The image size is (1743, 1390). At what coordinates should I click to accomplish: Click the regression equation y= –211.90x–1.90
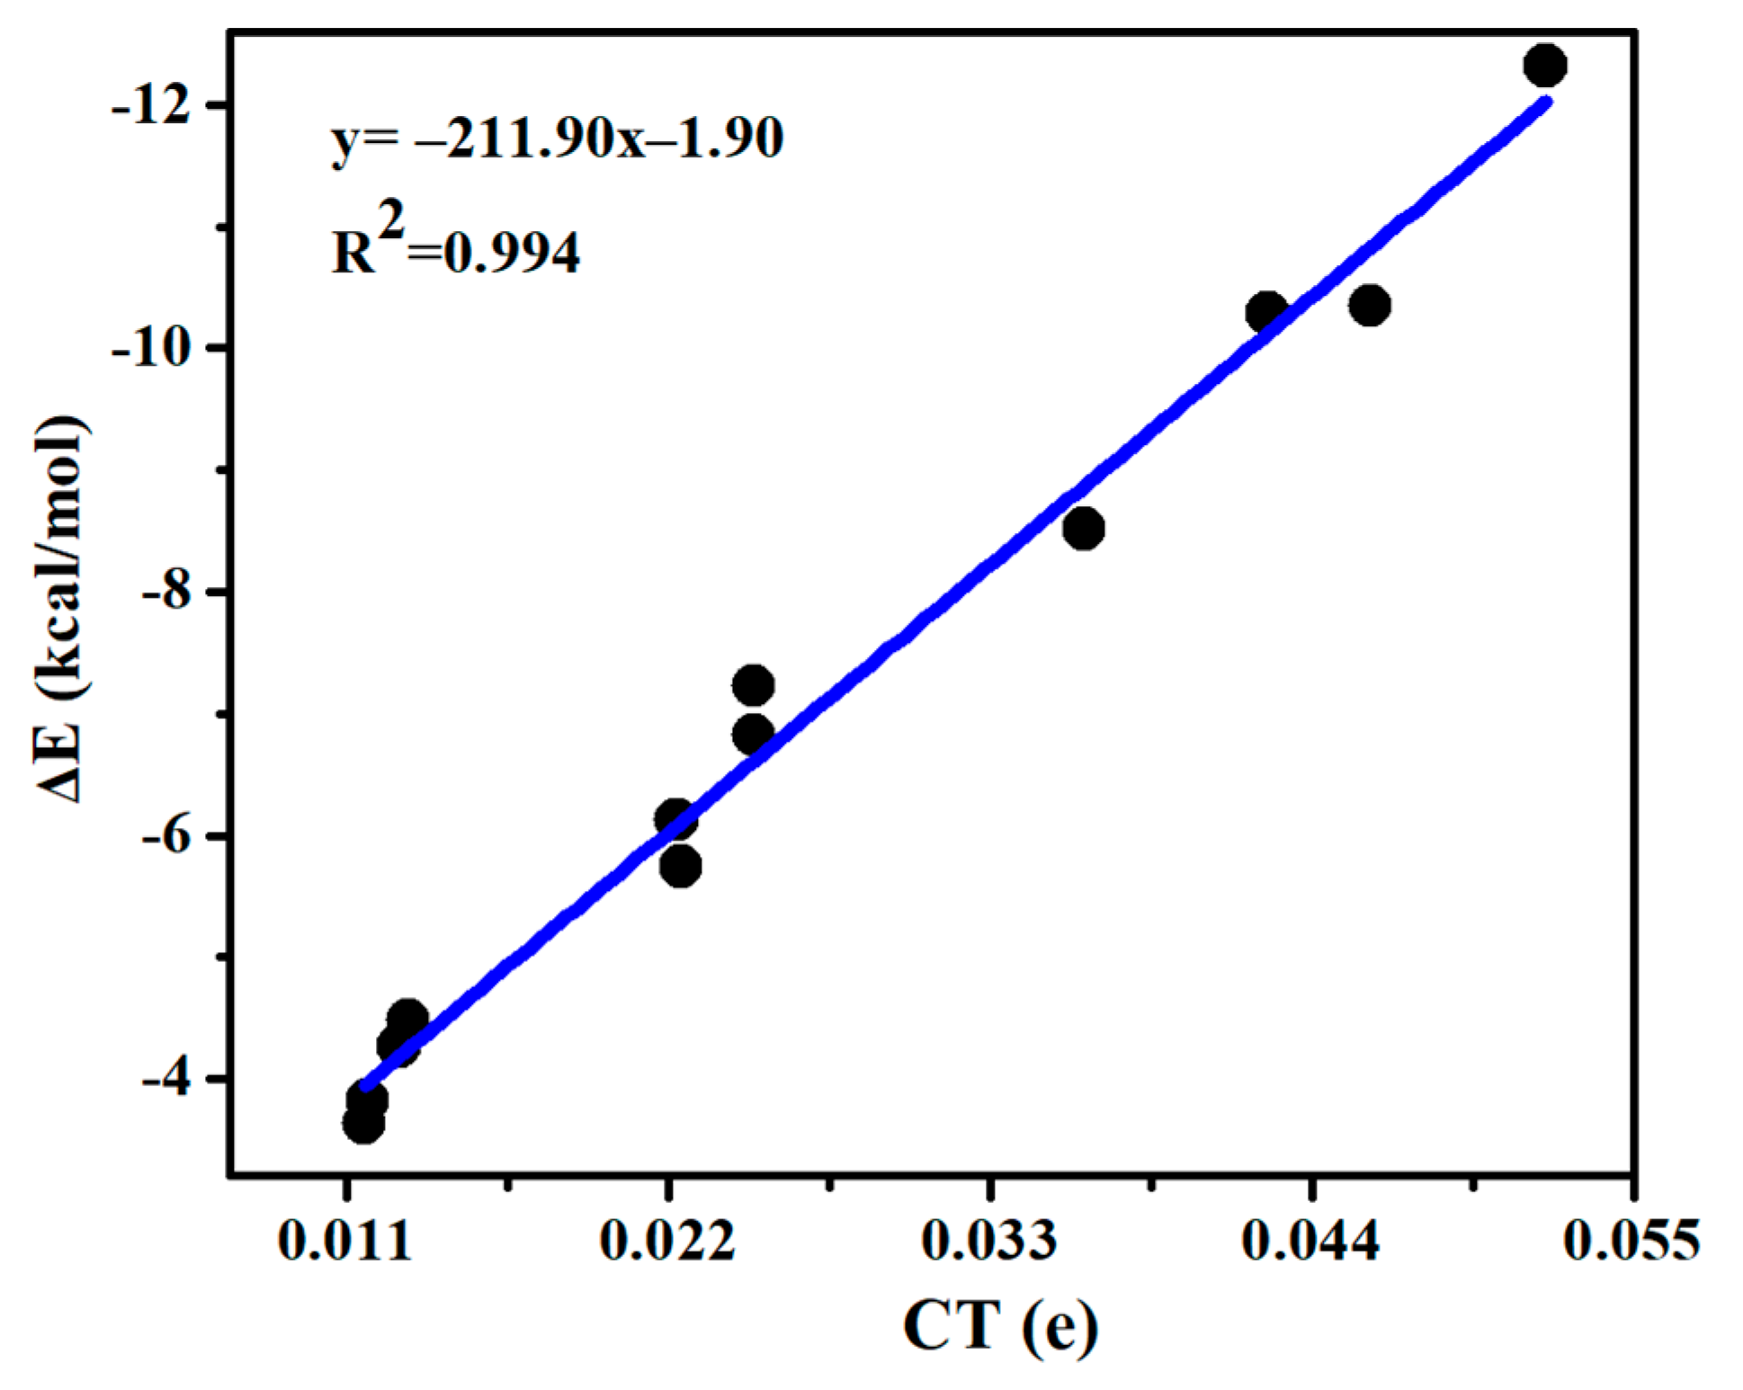(x=558, y=139)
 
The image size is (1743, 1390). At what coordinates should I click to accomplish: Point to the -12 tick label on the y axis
(x=151, y=106)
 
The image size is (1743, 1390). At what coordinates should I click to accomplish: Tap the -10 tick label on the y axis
(x=151, y=348)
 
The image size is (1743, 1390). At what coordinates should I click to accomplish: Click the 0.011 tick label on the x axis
(x=345, y=1241)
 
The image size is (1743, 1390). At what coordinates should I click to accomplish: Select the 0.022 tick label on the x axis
(x=667, y=1241)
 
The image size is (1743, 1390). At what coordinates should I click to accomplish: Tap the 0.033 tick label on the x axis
(x=989, y=1241)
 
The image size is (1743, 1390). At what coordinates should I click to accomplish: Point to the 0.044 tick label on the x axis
(x=1310, y=1241)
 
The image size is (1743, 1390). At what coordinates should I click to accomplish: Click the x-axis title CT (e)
(x=1000, y=1325)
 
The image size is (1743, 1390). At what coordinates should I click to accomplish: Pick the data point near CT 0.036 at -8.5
(x=1083, y=529)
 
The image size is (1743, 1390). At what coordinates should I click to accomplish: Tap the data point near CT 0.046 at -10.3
(x=1369, y=306)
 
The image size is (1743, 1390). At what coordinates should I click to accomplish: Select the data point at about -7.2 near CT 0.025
(x=753, y=686)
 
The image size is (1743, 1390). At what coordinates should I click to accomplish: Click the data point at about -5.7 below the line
(x=681, y=867)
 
